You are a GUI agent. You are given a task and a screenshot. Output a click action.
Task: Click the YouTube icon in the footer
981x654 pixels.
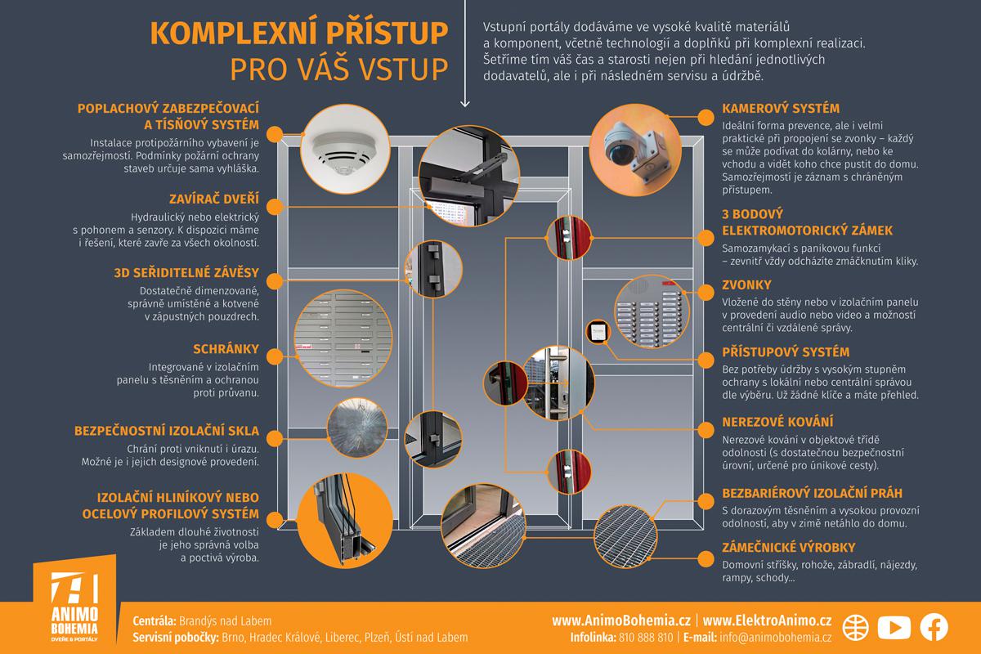[894, 627]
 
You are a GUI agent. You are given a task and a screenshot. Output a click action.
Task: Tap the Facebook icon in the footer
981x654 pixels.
[934, 627]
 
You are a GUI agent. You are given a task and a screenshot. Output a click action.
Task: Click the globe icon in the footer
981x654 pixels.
[855, 627]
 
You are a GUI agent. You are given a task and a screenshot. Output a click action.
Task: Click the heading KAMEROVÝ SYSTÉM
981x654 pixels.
[781, 108]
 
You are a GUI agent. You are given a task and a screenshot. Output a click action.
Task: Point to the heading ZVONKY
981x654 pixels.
[746, 284]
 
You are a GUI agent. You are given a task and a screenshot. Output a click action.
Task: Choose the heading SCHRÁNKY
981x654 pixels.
[226, 349]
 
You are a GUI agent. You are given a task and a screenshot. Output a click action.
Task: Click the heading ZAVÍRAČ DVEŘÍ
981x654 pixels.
[214, 199]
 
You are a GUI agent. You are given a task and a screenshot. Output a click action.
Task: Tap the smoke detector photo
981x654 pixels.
[345, 149]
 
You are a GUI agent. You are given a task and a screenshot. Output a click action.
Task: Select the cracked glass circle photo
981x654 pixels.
[357, 428]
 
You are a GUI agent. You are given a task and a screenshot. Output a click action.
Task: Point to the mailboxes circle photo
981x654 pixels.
[343, 338]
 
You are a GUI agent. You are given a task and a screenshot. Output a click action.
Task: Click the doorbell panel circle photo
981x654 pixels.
[652, 311]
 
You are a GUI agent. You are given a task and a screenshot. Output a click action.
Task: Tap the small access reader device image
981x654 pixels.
[598, 332]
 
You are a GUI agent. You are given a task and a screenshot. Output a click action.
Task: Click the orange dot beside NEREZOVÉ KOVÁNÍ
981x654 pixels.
[706, 430]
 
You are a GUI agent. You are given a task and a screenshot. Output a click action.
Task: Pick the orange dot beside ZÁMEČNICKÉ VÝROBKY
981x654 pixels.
[706, 558]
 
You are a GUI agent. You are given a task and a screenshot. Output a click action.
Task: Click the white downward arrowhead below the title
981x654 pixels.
[464, 104]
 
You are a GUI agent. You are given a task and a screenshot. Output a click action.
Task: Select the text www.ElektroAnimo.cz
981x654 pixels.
[767, 620]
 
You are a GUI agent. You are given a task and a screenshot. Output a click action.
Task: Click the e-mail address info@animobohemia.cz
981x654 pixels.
[775, 638]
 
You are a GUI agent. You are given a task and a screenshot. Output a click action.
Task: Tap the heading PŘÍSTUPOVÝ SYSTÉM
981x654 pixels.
[786, 352]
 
